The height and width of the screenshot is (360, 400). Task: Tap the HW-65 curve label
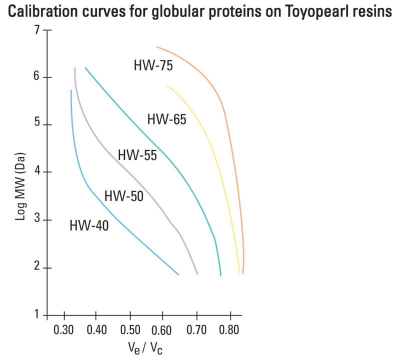(x=166, y=119)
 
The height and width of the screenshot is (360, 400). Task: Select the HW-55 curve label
(x=137, y=155)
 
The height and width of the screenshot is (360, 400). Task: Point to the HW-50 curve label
(x=123, y=196)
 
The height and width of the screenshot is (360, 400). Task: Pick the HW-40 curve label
(x=89, y=226)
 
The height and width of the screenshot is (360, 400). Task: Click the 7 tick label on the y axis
(x=36, y=30)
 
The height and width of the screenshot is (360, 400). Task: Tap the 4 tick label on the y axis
(x=36, y=172)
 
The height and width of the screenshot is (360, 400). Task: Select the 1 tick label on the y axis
(x=36, y=315)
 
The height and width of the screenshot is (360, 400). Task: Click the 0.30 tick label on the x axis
(x=63, y=330)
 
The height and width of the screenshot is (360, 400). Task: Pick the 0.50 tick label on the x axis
(x=130, y=330)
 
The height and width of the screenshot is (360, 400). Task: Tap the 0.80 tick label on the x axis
(x=230, y=330)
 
